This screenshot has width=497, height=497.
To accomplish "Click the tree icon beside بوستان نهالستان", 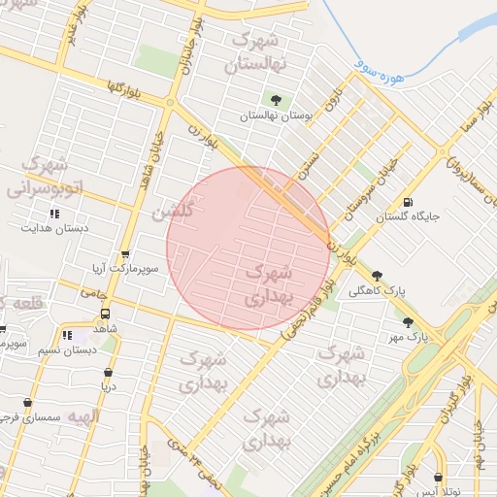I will click(x=277, y=99).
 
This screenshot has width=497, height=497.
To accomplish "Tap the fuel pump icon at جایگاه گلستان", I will click(x=393, y=202).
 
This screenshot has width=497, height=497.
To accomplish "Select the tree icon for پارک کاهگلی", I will click(x=378, y=276).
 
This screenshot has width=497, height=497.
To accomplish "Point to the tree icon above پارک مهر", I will click(x=408, y=322).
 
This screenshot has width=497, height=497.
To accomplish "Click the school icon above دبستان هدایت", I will click(x=54, y=214).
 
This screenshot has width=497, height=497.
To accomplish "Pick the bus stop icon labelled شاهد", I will click(x=105, y=314).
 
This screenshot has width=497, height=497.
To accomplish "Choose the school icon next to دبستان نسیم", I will click(x=67, y=336).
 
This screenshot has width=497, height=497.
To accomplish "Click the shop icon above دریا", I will click(x=107, y=371).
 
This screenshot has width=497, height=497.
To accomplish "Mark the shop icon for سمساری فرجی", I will click(x=27, y=402).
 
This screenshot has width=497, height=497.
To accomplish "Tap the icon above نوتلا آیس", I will click(x=440, y=478).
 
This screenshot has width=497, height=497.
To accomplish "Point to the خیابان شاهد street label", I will click(x=152, y=154).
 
